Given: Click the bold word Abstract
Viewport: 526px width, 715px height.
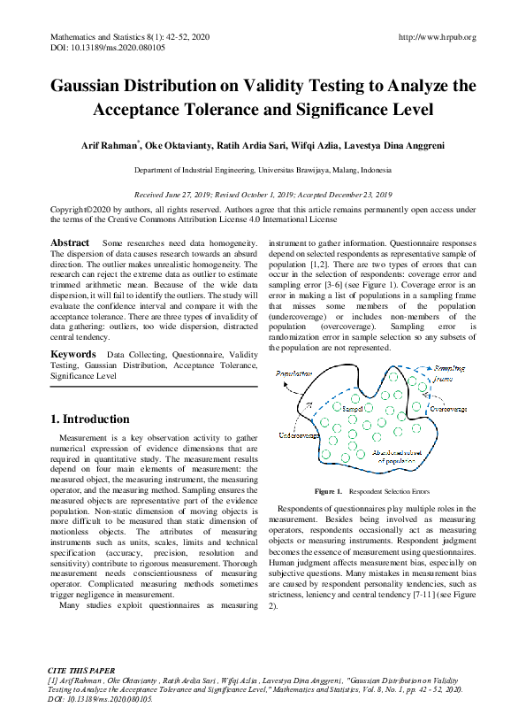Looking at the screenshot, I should tap(70, 242).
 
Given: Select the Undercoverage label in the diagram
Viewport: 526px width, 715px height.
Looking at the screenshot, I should tap(299, 435).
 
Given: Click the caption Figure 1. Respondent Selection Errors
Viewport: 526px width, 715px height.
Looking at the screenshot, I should tap(371, 490).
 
